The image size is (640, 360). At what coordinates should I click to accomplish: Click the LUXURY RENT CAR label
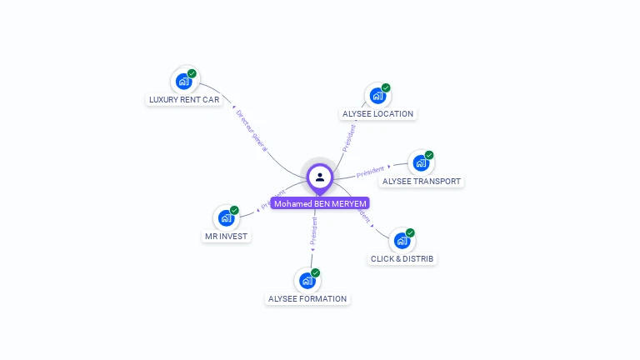click(x=184, y=100)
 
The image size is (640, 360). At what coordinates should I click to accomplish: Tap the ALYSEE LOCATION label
click(x=377, y=114)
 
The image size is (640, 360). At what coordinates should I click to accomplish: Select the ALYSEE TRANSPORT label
click(x=421, y=182)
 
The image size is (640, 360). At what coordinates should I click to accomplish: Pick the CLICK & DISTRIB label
click(x=402, y=259)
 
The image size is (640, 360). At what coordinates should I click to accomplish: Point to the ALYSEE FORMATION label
click(x=307, y=299)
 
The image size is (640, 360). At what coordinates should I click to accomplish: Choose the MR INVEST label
click(x=227, y=237)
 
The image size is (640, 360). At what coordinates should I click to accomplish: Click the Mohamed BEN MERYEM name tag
click(x=320, y=203)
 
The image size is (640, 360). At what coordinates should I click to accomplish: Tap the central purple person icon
click(x=320, y=177)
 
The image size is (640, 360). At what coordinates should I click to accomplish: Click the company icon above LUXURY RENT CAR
click(x=183, y=82)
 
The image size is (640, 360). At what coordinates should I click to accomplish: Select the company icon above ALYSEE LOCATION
click(x=377, y=96)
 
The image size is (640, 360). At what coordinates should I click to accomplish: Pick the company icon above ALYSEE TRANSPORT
click(x=421, y=163)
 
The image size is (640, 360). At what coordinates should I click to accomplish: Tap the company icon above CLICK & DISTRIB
click(x=402, y=241)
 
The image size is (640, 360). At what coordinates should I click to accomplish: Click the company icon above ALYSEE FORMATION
click(x=307, y=281)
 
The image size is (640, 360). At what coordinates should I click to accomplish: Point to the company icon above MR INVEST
click(x=226, y=218)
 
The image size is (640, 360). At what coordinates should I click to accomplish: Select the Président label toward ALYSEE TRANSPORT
click(x=370, y=172)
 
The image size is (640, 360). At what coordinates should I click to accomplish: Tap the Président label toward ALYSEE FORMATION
click(x=314, y=231)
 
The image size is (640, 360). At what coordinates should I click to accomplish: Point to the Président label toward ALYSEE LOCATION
click(x=349, y=137)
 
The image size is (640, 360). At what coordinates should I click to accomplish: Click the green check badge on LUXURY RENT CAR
click(x=192, y=73)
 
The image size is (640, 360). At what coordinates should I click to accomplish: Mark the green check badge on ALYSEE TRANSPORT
click(x=429, y=155)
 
